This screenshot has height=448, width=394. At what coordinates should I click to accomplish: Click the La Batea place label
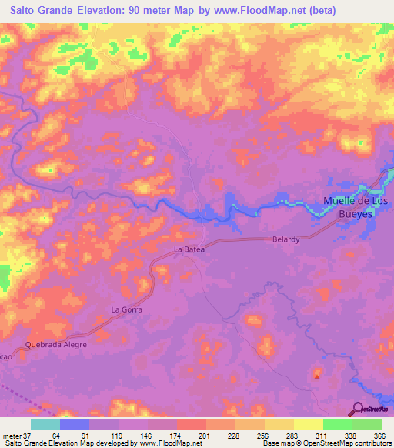pos(188,249)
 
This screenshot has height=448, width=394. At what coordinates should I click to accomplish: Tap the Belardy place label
pos(285,239)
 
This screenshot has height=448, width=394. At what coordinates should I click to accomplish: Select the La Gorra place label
pos(127,309)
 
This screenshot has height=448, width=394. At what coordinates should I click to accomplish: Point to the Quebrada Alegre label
pos(56,344)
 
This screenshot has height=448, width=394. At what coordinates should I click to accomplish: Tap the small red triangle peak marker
pos(318,375)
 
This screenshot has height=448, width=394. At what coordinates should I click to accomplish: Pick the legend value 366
pos(379,435)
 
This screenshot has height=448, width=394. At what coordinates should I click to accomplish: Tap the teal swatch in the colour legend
pos(45,424)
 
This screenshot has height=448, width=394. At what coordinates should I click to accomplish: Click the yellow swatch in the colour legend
pos(308,424)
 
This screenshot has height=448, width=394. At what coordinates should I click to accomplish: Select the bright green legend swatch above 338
pos(337,424)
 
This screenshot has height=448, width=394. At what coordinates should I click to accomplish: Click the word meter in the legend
pos(11,435)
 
